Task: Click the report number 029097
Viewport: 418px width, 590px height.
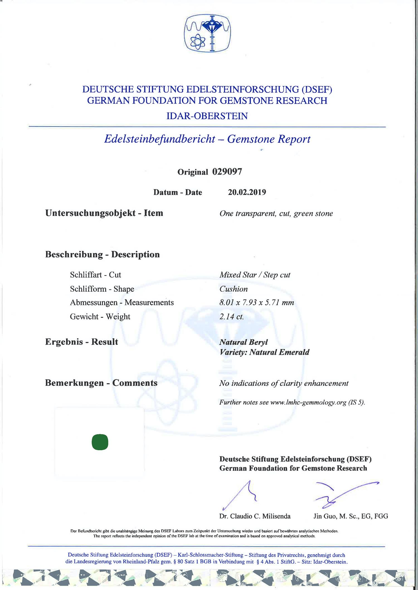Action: pyautogui.click(x=227, y=172)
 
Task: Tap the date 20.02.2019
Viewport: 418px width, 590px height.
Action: pyautogui.click(x=247, y=192)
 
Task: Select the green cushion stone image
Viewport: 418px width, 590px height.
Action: pyautogui.click(x=100, y=442)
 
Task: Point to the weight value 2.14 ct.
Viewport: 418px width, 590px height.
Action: pyautogui.click(x=232, y=317)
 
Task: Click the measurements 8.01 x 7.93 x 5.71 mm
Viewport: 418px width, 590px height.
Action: pyautogui.click(x=257, y=303)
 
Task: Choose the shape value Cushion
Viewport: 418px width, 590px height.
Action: pyautogui.click(x=234, y=289)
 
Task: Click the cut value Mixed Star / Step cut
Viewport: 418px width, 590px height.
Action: pyautogui.click(x=255, y=275)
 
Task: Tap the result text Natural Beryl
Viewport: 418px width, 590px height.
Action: pyautogui.click(x=244, y=342)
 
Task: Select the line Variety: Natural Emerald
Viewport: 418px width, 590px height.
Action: pyautogui.click(x=264, y=352)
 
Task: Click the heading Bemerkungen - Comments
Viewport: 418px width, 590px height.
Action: pyautogui.click(x=101, y=383)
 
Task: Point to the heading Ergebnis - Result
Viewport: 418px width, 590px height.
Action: pyautogui.click(x=82, y=342)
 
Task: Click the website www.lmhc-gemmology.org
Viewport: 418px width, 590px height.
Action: pyautogui.click(x=308, y=402)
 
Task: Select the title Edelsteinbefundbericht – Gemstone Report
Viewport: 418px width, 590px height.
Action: pyautogui.click(x=207, y=139)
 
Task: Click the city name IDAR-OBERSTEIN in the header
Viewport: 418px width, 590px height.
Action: pyautogui.click(x=207, y=116)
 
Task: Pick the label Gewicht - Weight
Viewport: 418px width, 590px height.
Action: pyautogui.click(x=100, y=317)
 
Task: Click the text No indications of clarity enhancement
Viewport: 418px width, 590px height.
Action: pyautogui.click(x=284, y=383)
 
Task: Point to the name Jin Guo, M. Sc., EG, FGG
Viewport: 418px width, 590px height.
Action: pyautogui.click(x=351, y=516)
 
